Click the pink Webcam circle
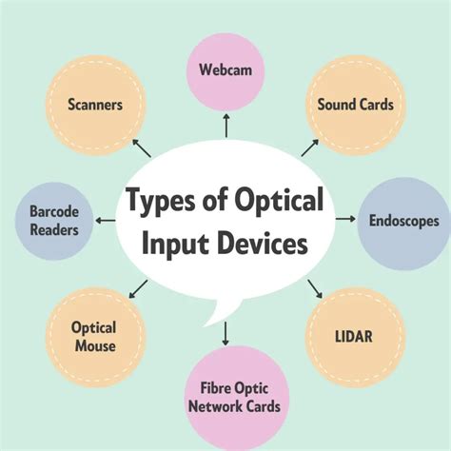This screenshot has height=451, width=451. (225, 69)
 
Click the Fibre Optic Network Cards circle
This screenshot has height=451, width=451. (225, 398)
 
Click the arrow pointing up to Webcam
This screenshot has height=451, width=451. (225, 126)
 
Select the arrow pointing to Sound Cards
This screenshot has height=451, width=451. (309, 147)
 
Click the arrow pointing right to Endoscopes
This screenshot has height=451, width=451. (345, 221)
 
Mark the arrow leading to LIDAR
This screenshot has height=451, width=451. (311, 287)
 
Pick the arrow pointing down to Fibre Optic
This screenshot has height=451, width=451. (225, 334)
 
